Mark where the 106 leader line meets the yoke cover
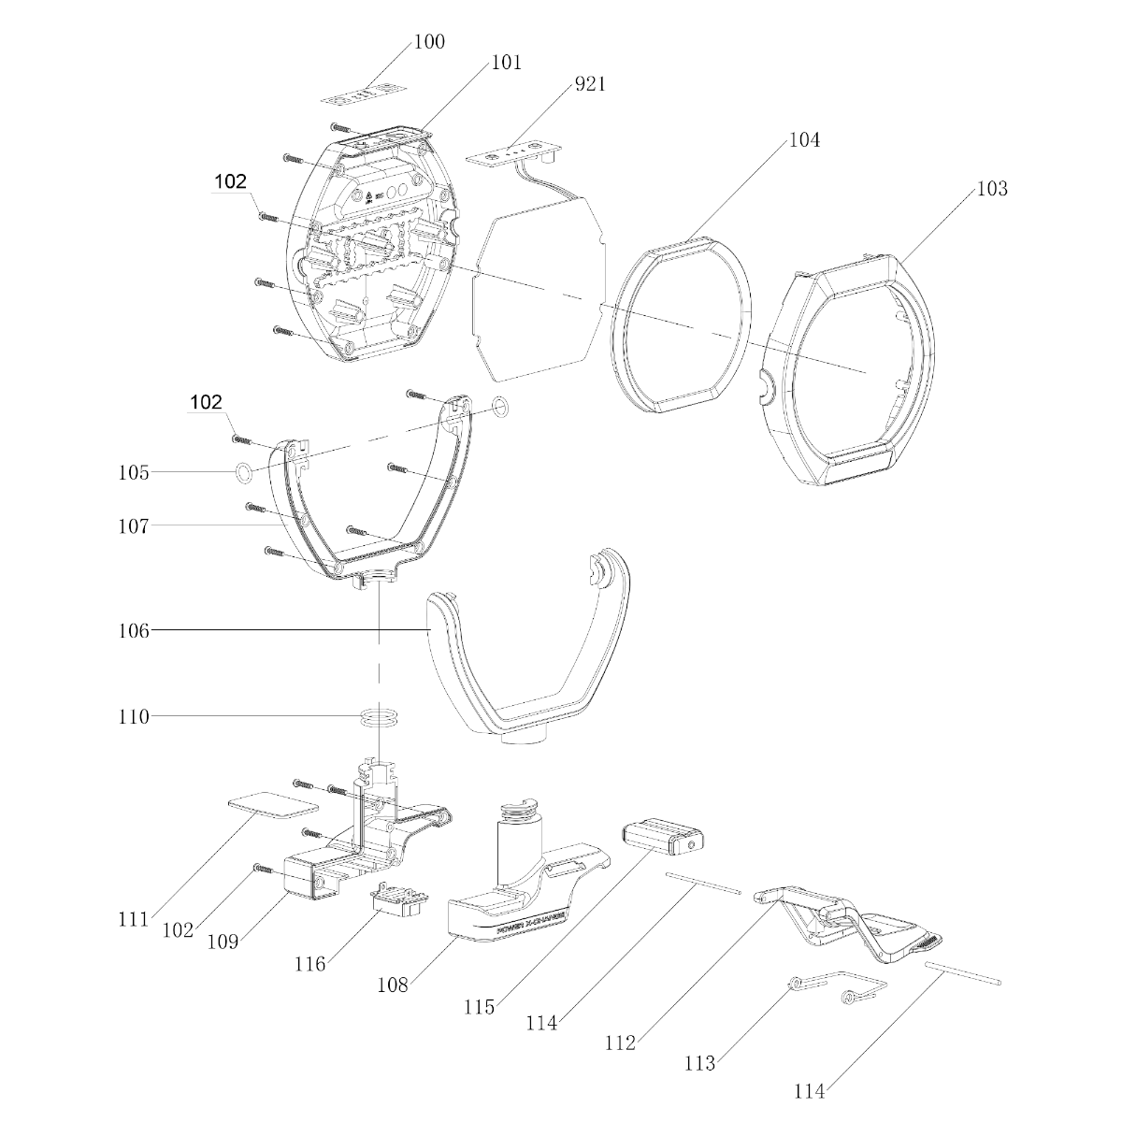[429, 629]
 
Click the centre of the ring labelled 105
[244, 473]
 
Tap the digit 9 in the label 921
[580, 84]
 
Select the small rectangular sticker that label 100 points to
[363, 93]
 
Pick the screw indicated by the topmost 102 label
[268, 217]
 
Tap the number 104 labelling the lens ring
[804, 140]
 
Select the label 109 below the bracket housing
[223, 942]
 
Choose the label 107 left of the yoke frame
[134, 526]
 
